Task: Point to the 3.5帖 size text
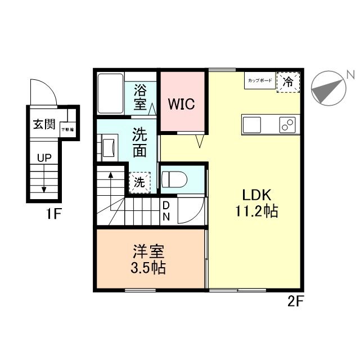pos(149,268)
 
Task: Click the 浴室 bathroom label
pos(141,97)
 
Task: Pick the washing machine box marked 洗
pos(138,182)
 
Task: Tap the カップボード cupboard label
pos(259,82)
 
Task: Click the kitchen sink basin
pos(251,124)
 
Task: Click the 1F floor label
pos(53,214)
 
